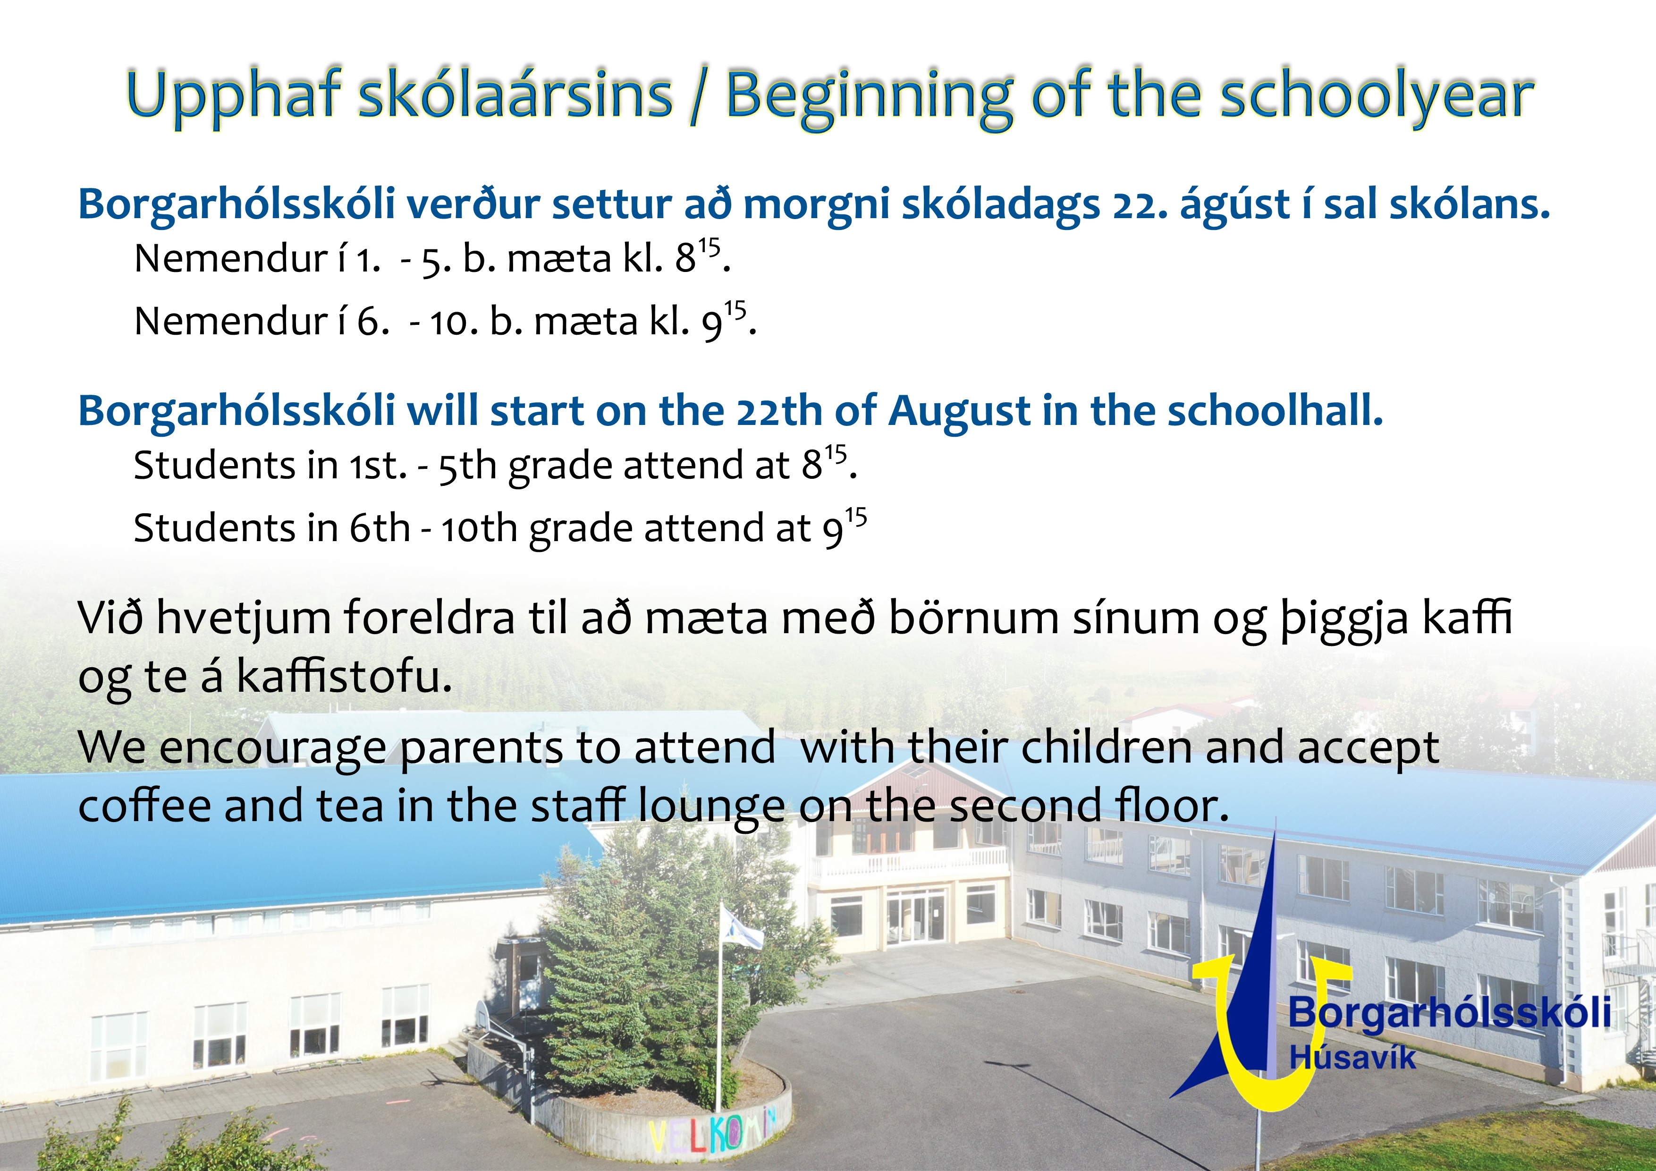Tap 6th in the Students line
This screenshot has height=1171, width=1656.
(380, 528)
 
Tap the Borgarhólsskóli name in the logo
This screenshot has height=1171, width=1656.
(1449, 1012)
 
